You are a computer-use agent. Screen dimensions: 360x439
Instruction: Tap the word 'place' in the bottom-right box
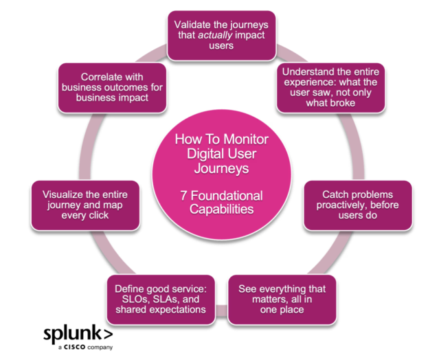(290, 311)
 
